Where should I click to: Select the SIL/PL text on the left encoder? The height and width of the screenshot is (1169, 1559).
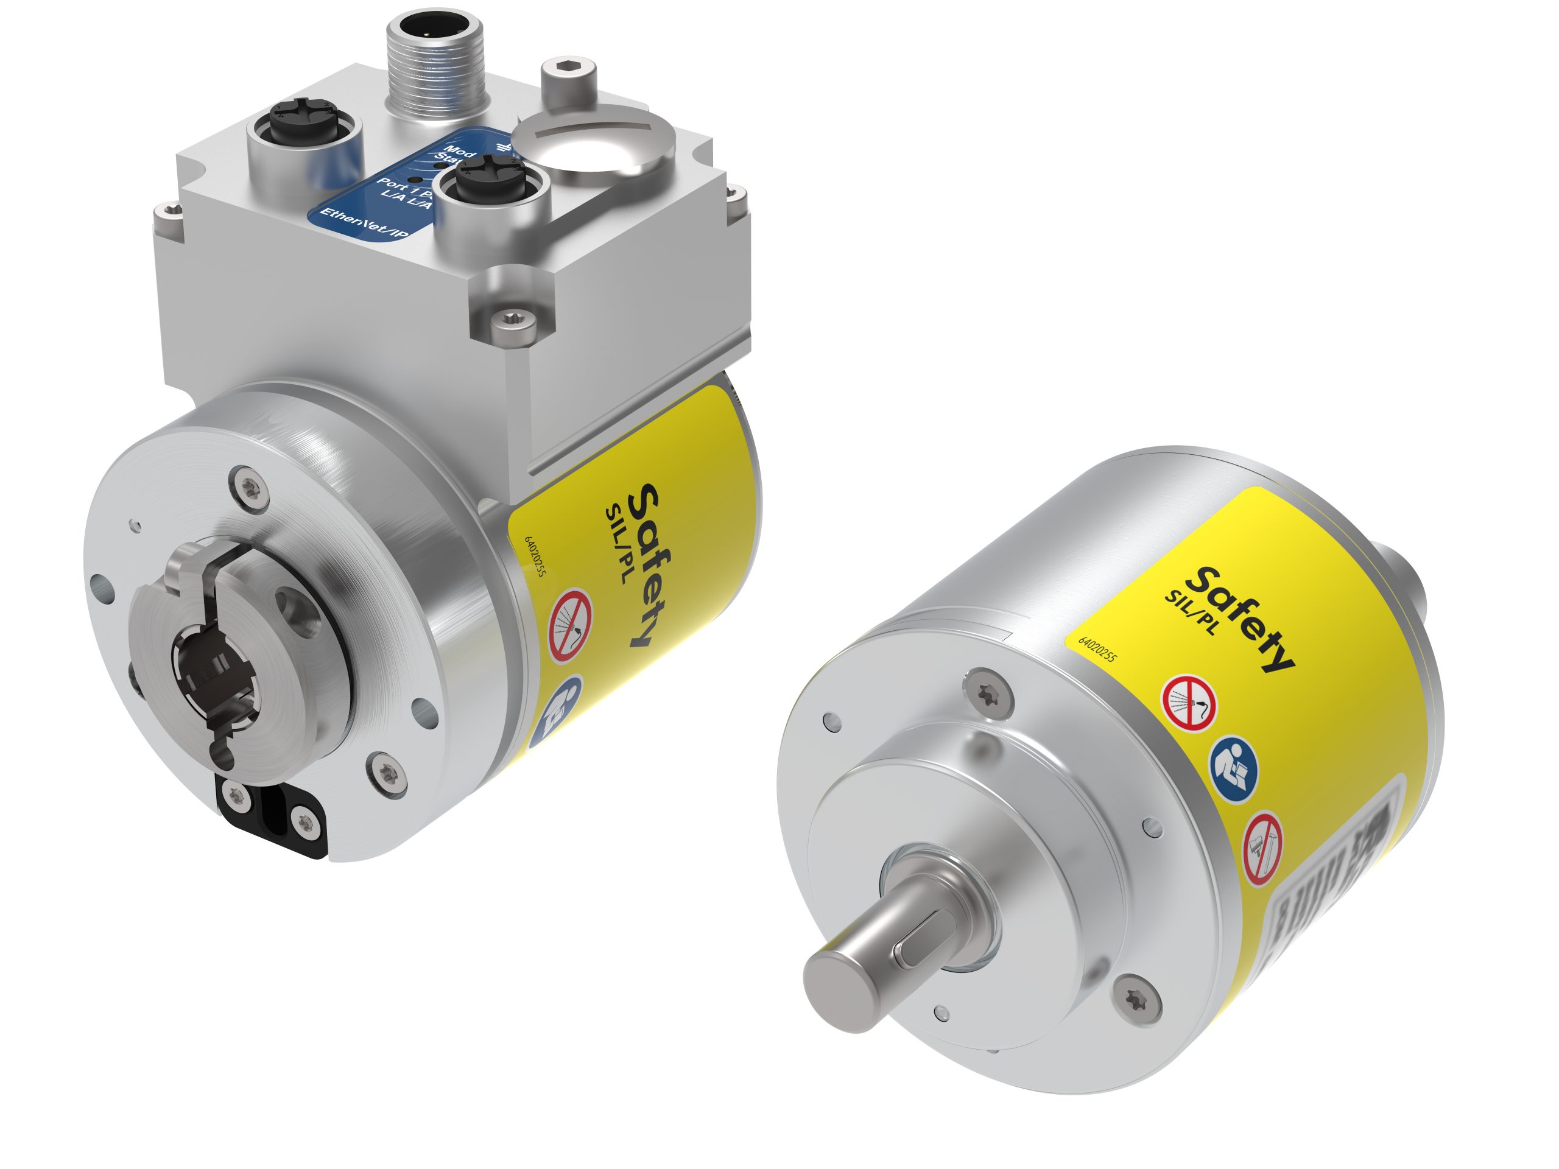point(619,542)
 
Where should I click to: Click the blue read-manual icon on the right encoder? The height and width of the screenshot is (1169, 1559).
point(1233,765)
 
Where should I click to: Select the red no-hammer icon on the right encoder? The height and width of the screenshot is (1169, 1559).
point(1262,849)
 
